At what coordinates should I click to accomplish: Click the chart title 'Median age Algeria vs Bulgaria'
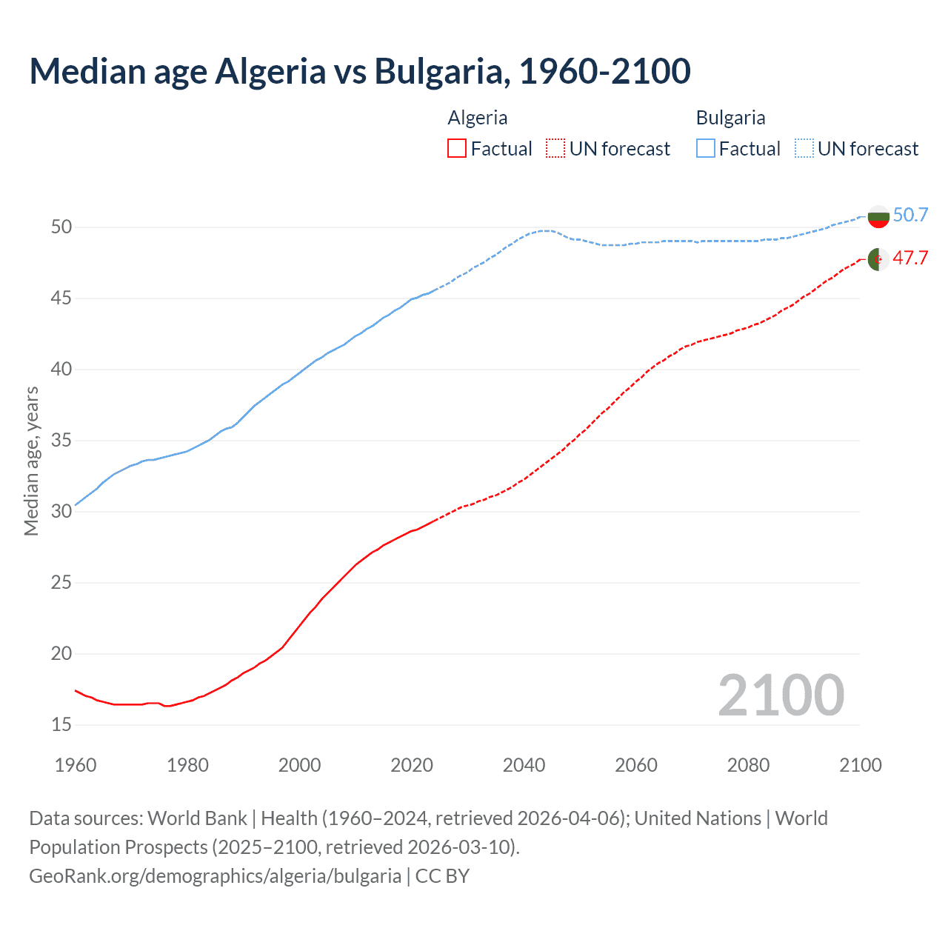(x=360, y=71)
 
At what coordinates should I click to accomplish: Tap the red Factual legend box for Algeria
(x=457, y=149)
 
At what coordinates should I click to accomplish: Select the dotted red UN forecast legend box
(x=555, y=149)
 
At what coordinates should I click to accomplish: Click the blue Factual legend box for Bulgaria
(x=705, y=149)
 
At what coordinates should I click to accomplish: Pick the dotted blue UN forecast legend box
(x=804, y=149)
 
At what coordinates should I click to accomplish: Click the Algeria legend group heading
(x=478, y=118)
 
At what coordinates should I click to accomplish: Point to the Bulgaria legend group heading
(x=730, y=118)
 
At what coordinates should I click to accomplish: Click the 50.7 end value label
(x=910, y=216)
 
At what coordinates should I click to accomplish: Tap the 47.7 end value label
(x=910, y=258)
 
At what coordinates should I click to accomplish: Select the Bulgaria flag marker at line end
(x=878, y=217)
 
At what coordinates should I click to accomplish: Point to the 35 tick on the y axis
(x=61, y=441)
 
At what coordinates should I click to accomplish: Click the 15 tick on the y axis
(x=61, y=724)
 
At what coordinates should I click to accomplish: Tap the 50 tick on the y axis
(x=61, y=227)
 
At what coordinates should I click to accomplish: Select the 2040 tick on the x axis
(x=524, y=765)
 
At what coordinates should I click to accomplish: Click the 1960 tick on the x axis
(x=76, y=765)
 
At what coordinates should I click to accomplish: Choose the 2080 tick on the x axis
(x=748, y=765)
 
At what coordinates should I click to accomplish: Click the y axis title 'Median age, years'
(x=31, y=461)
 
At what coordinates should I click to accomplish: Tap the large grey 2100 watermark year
(x=781, y=695)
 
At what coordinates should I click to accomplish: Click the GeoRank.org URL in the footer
(x=215, y=876)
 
